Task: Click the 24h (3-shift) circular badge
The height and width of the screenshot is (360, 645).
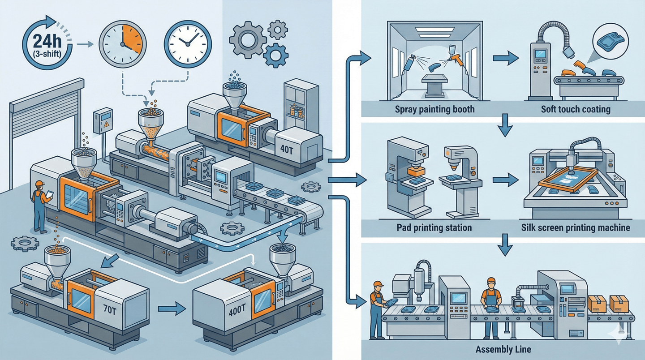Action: click(x=42, y=43)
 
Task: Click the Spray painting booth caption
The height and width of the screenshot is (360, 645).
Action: click(x=435, y=109)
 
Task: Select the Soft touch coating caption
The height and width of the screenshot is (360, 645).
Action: click(x=575, y=109)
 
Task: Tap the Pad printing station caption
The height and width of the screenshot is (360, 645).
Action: click(x=434, y=228)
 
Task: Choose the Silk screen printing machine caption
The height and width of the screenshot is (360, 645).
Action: click(x=576, y=228)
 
